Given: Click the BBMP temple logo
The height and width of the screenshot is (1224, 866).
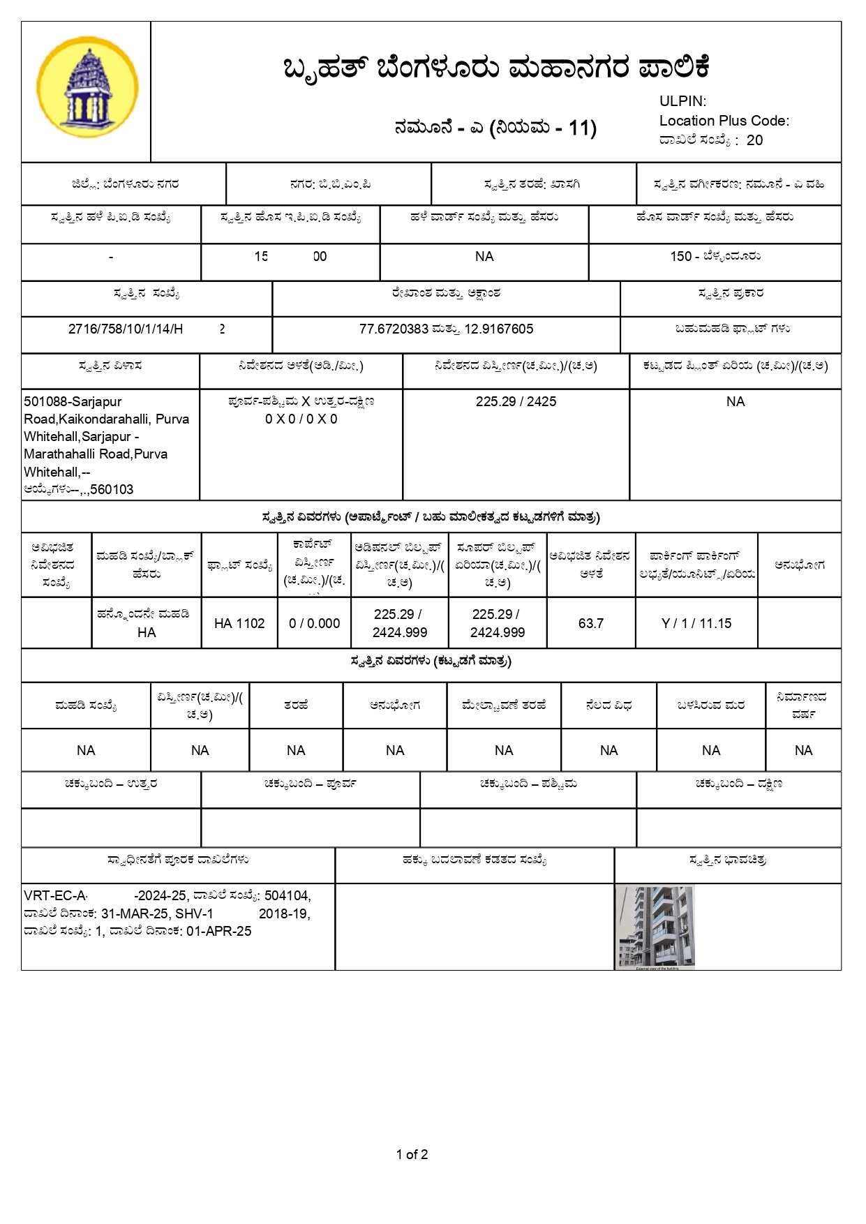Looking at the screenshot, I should pyautogui.click(x=87, y=87).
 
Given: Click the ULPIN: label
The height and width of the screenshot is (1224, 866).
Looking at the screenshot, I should pyautogui.click(x=682, y=101).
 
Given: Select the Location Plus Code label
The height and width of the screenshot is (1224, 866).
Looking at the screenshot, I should pyautogui.click(x=724, y=121).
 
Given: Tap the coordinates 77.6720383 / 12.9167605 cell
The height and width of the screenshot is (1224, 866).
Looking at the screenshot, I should pyautogui.click(x=446, y=329).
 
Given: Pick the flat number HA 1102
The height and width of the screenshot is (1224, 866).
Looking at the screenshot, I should pyautogui.click(x=239, y=623).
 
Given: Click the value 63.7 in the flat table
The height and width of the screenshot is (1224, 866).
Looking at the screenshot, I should pyautogui.click(x=590, y=623).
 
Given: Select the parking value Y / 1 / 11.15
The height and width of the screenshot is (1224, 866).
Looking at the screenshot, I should pyautogui.click(x=696, y=623).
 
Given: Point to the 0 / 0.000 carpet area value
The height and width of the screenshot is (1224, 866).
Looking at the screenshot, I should pyautogui.click(x=314, y=623).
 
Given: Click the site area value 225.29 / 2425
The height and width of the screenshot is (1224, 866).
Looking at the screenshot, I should pyautogui.click(x=516, y=401).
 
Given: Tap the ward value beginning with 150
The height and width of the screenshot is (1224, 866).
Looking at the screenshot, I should pyautogui.click(x=715, y=256).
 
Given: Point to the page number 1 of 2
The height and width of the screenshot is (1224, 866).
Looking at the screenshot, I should pyautogui.click(x=412, y=1154).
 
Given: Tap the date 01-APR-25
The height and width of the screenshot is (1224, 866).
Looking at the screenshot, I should pyautogui.click(x=218, y=931).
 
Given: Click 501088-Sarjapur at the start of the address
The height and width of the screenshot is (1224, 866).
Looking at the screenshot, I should pyautogui.click(x=73, y=401).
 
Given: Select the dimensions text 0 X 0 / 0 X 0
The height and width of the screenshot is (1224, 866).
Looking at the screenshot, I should pyautogui.click(x=301, y=419).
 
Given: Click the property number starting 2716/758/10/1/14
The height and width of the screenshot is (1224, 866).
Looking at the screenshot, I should pyautogui.click(x=126, y=329).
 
